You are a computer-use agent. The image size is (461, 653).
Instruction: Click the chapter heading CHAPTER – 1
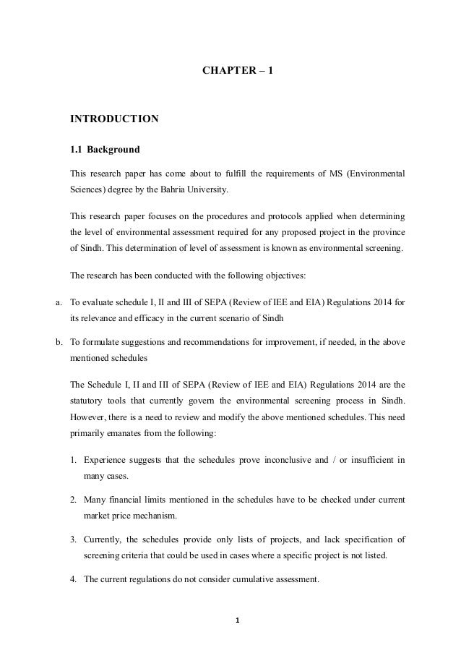click(x=231, y=73)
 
